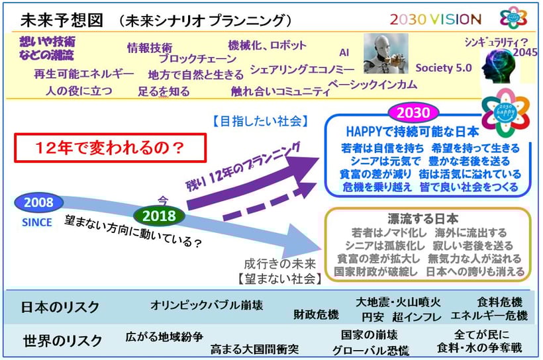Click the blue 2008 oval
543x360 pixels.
coord(38,202)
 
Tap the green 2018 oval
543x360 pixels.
coord(160,216)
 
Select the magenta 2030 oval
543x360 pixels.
coord(413,112)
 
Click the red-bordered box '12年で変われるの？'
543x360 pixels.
coord(111,148)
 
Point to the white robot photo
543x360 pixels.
coord(385,54)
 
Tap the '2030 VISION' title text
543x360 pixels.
coord(435,19)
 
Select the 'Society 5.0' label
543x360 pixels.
coord(444,68)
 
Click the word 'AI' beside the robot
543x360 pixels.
coord(344,53)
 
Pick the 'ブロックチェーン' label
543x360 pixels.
coord(198,59)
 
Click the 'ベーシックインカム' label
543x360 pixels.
coord(373,85)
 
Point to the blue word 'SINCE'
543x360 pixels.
coord(37,222)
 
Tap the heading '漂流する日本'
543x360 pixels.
coord(423,219)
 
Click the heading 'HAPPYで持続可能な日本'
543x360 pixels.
coord(413,132)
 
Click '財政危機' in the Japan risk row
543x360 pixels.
coord(316,314)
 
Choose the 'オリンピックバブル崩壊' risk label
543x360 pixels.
coord(207,305)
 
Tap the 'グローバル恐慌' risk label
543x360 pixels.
coord(371,351)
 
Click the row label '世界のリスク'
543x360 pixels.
coord(62,341)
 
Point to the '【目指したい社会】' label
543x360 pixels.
coord(260,121)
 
